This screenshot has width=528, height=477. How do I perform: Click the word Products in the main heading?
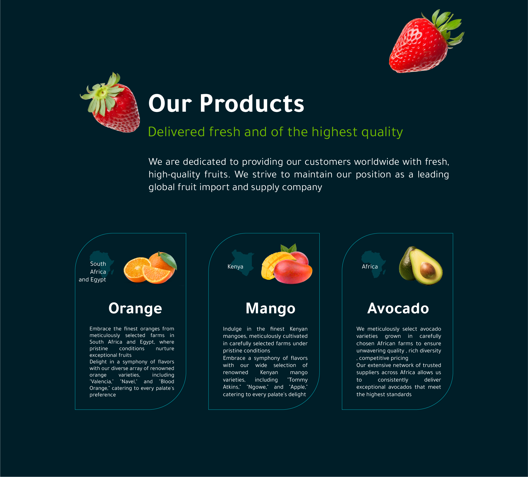252,103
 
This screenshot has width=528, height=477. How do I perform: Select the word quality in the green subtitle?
382,132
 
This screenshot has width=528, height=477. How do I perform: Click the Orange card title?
135,309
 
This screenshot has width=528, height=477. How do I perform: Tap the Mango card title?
270,309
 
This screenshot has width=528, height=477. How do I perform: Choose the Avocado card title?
398,308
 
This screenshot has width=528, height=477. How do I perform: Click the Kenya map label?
235,267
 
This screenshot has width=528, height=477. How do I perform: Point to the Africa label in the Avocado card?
370,267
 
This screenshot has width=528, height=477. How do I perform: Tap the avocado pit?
427,270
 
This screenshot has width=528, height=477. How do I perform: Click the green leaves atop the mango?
289,248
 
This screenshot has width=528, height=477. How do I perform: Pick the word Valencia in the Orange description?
101,382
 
